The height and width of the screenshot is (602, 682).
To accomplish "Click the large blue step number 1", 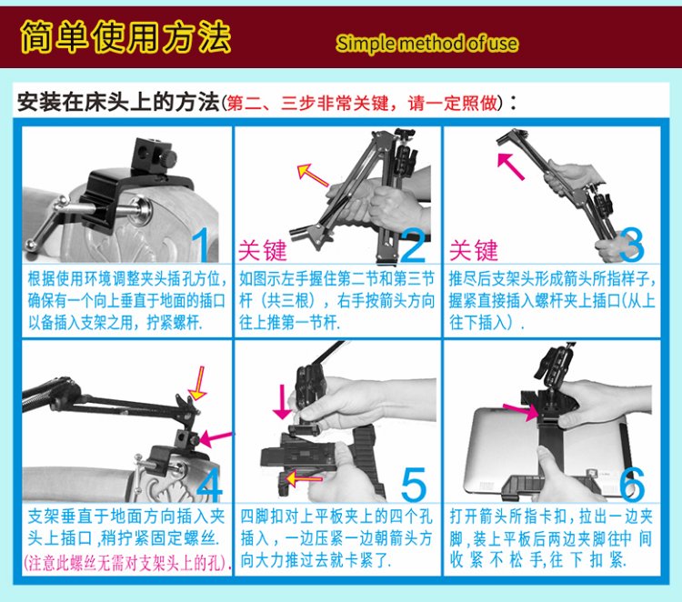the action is (x=202, y=245).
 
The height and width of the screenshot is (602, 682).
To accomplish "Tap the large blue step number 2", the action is (x=413, y=246).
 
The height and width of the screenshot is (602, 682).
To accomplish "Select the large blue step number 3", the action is (x=631, y=245).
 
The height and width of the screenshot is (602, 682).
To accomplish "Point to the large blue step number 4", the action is (x=209, y=484).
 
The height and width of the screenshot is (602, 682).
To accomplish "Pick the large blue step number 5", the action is (x=414, y=484).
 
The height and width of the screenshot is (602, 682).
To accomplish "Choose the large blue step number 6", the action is (x=632, y=484).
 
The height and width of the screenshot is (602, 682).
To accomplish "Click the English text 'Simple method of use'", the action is (x=426, y=44).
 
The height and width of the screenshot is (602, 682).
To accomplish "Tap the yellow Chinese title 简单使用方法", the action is (x=125, y=36).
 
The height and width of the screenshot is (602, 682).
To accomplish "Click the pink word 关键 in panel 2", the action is (x=262, y=251).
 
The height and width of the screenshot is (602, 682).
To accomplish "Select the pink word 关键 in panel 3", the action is (x=473, y=251).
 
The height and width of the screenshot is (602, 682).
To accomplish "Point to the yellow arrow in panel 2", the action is (x=312, y=175).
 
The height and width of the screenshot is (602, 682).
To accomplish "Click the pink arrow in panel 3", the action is (x=510, y=166).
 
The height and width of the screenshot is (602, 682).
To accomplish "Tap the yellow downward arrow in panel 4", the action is (x=198, y=383).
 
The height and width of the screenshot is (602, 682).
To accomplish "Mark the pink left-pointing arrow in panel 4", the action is (x=216, y=438).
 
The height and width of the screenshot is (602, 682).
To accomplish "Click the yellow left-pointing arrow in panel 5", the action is (x=304, y=479).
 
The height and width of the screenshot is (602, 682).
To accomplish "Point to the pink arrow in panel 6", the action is (x=521, y=412).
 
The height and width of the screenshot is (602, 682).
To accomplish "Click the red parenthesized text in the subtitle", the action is (x=364, y=104).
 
